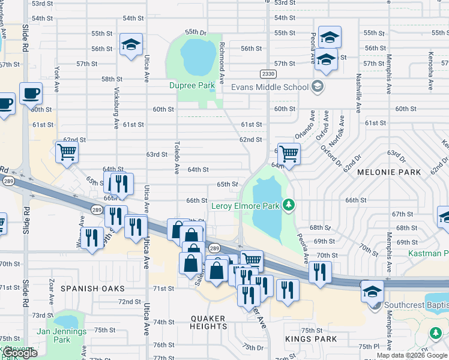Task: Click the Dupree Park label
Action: click(191, 86)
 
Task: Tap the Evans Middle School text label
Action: click(270, 87)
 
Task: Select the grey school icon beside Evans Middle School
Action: click(317, 87)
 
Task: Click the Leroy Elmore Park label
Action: click(246, 206)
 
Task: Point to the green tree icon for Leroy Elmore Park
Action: click(289, 206)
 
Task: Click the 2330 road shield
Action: click(268, 73)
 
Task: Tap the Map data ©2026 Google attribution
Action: click(412, 355)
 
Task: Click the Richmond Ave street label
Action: click(221, 63)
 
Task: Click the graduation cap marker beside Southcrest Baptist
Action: click(372, 291)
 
